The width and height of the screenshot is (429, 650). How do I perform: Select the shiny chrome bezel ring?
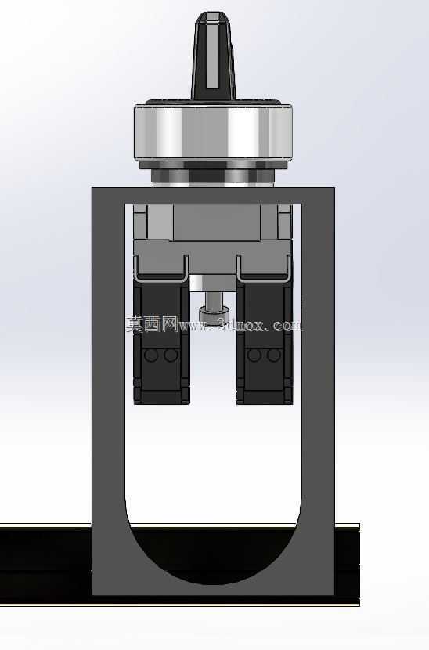tap(214, 132)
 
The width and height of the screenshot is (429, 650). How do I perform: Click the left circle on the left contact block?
tap(151, 356)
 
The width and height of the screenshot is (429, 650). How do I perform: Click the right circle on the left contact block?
tap(171, 356)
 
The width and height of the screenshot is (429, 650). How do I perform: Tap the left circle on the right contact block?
tap(254, 356)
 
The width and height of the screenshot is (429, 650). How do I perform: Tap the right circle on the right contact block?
tap(273, 356)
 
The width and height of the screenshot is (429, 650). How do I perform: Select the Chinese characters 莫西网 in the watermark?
tap(152, 324)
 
